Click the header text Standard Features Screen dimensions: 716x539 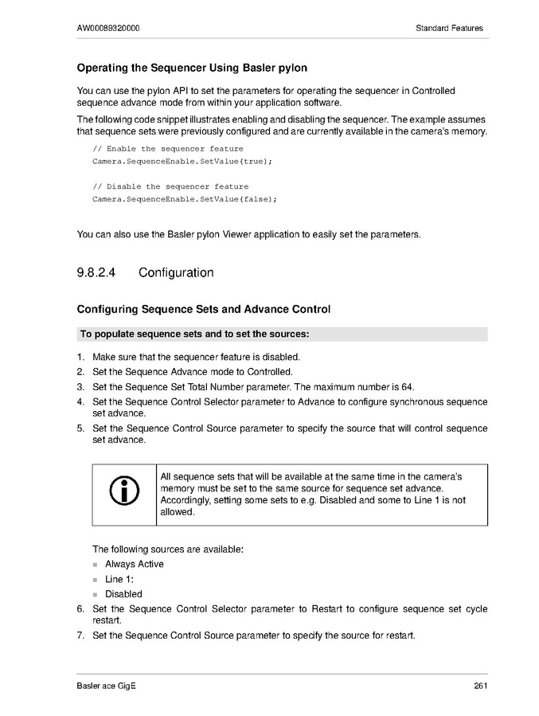449,28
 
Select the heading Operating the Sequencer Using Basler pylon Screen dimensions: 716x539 192,68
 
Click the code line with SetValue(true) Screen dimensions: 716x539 182,162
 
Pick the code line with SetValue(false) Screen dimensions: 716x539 185,199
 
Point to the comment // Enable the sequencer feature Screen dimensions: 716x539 168,149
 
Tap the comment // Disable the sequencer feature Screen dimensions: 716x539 170,186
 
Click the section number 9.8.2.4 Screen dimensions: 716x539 96,272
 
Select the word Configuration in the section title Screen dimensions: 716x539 176,272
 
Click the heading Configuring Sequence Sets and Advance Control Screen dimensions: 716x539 203,309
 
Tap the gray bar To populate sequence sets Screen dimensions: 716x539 282,334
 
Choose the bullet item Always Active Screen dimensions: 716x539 135,564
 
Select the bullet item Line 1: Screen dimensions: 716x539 119,579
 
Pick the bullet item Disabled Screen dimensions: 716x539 123,593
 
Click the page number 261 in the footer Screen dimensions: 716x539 479,687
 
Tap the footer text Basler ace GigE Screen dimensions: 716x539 107,687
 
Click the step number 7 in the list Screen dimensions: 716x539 80,636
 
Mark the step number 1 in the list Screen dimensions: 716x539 80,357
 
